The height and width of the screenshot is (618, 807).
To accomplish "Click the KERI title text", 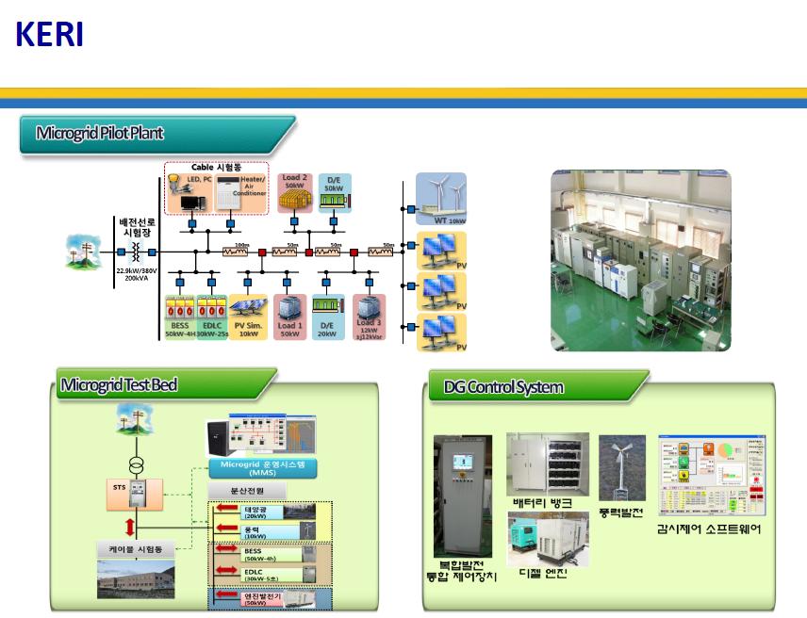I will [50, 35].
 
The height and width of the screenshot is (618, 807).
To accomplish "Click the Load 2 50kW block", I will [296, 194].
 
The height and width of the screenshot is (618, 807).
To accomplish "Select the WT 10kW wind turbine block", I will [441, 198].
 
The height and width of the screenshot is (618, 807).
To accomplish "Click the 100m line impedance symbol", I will [235, 252].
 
